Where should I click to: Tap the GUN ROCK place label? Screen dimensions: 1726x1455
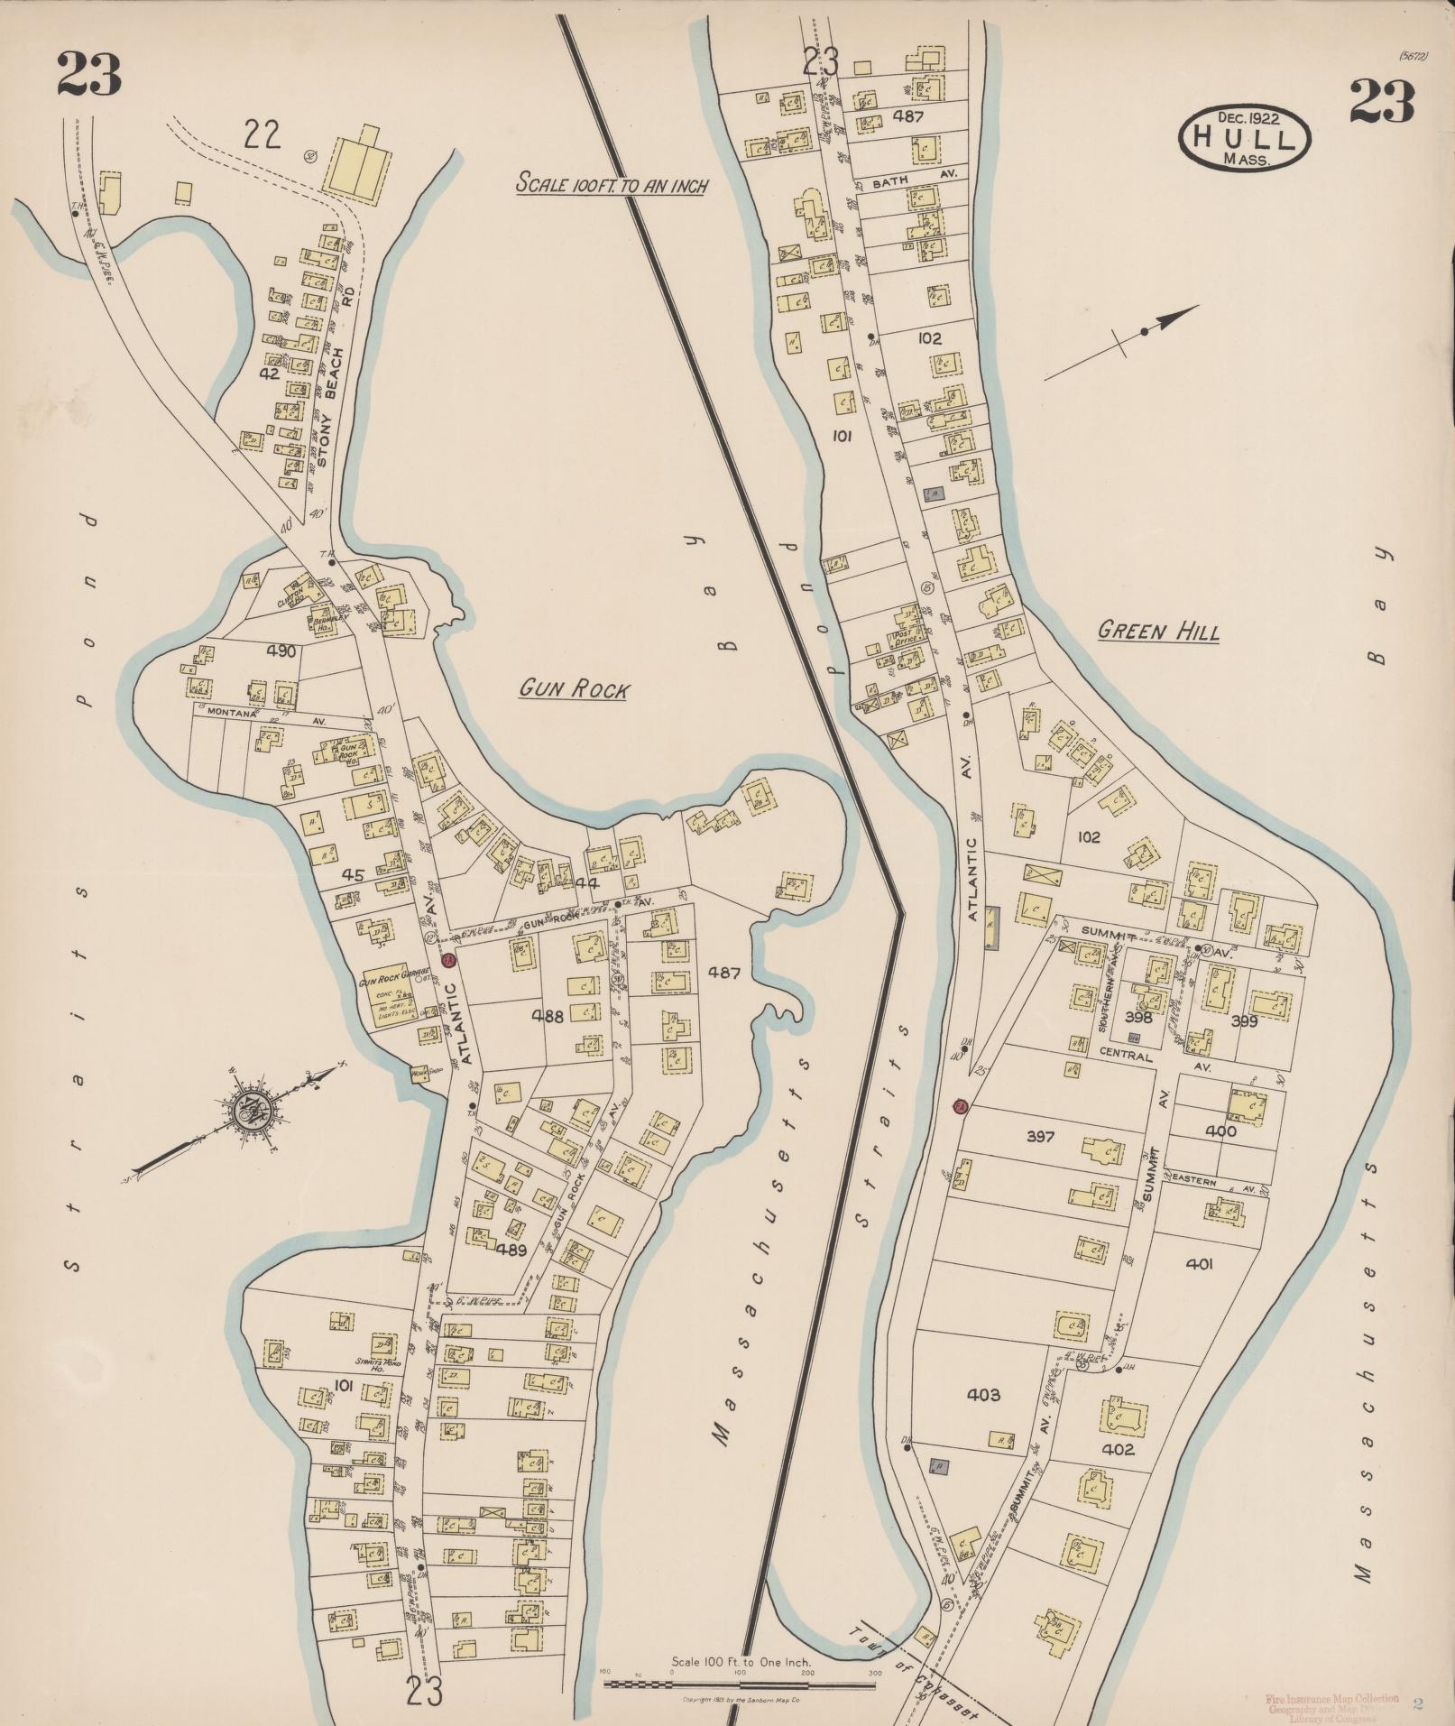click(x=574, y=690)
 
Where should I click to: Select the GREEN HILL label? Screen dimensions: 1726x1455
click(x=1158, y=631)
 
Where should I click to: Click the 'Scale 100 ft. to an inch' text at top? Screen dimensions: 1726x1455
click(x=612, y=185)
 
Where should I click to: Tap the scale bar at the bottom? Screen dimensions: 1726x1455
click(x=740, y=1683)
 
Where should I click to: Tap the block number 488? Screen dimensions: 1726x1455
click(x=547, y=1016)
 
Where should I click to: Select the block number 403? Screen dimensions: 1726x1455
click(x=983, y=1395)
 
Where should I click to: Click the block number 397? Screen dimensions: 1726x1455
click(x=1040, y=1137)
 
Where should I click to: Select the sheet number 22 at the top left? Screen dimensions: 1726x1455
click(x=262, y=135)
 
